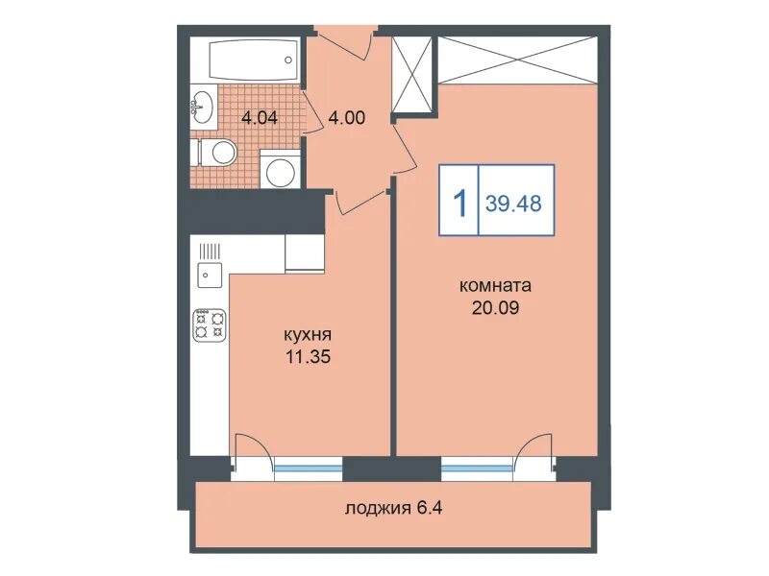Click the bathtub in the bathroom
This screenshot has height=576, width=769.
254,60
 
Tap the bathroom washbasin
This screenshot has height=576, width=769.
202,107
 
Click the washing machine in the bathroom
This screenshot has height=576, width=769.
280,169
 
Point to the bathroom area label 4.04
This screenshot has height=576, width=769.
260,118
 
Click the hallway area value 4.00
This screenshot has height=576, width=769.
347,117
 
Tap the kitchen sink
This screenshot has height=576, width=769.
210,275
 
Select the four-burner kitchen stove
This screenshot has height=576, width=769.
210,324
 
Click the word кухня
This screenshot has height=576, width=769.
308,335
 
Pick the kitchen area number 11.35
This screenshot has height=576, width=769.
309,356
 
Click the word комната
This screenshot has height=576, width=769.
495,285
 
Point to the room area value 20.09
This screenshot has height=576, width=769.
495,307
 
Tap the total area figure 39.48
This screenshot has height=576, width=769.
513,203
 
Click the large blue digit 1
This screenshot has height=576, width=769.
460,204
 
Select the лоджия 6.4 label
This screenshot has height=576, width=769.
394,509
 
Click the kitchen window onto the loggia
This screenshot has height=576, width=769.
308,468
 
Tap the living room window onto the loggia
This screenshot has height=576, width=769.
477,468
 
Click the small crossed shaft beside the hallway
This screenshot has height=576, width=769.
412,75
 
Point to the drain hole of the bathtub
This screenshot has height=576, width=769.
288,60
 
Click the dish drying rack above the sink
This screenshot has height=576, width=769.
210,252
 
